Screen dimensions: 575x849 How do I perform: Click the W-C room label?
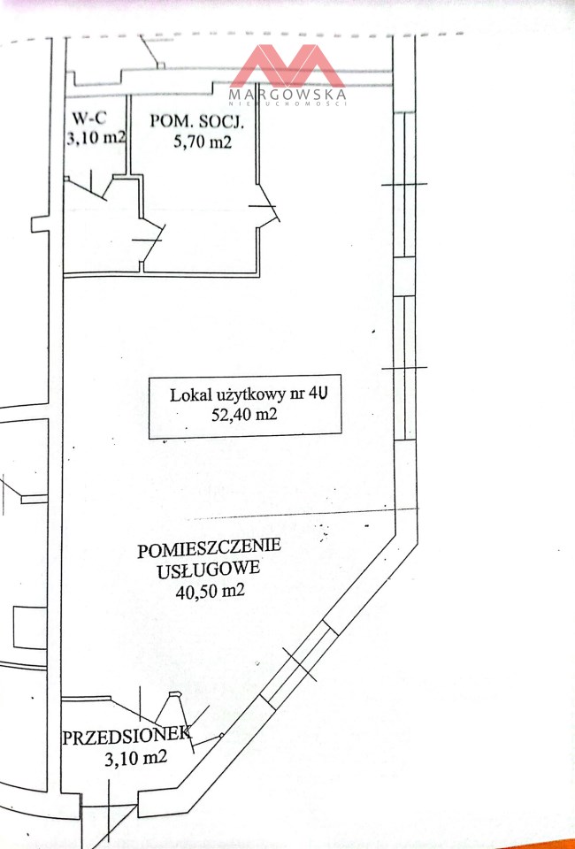89,118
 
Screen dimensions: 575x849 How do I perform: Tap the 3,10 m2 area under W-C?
96,138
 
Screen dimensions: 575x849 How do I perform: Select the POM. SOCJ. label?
197,121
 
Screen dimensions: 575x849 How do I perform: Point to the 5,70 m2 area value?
203,141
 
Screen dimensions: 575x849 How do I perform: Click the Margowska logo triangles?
287,66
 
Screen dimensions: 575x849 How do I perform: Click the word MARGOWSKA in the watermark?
287,95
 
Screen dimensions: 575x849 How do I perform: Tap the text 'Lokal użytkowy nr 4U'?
249,394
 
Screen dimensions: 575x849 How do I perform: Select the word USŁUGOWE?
209,570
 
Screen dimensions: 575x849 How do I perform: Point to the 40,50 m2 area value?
210,590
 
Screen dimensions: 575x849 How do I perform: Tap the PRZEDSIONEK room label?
126,736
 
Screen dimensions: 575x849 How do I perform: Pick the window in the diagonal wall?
300,664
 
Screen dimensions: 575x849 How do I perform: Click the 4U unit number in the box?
318,394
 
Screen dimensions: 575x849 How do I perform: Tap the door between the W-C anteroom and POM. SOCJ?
150,241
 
